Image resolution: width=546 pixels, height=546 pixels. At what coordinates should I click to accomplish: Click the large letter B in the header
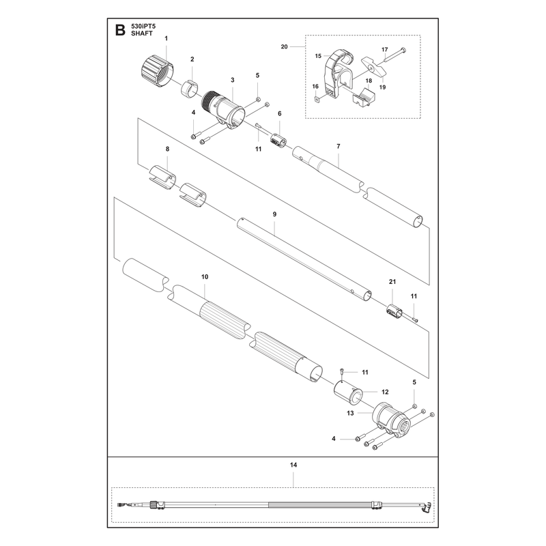click(x=120, y=30)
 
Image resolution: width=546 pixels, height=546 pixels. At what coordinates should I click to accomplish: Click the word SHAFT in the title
click(x=142, y=33)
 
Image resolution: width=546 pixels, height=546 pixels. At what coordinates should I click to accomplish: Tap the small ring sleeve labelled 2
click(x=189, y=89)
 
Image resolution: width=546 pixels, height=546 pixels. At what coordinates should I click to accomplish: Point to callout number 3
click(x=233, y=80)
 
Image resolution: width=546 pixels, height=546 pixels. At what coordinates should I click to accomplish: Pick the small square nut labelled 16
click(x=317, y=100)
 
